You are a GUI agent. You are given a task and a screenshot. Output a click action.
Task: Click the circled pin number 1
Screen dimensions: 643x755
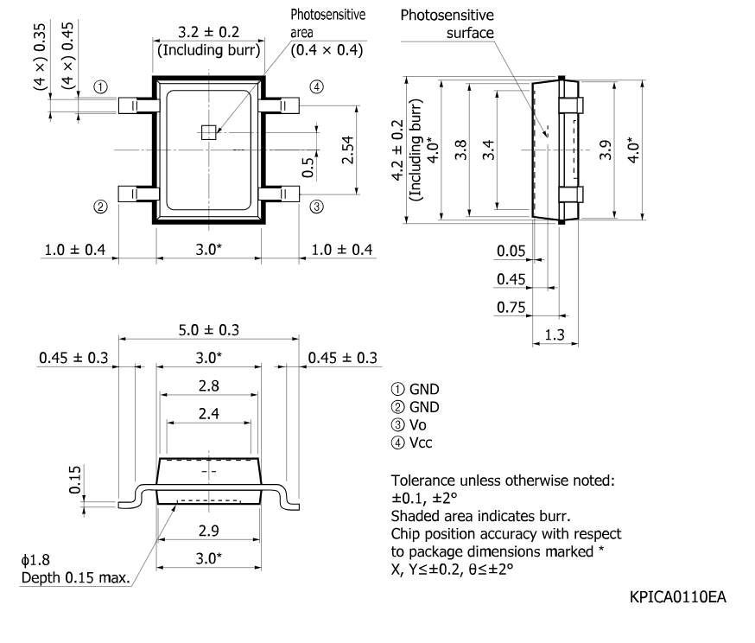(101, 87)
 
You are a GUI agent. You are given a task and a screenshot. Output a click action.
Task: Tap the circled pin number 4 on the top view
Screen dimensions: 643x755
(317, 86)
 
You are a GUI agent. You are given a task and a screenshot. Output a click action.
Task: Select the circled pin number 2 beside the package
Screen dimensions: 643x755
(101, 207)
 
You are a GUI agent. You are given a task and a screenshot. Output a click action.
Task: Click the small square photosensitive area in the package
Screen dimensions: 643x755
(207, 132)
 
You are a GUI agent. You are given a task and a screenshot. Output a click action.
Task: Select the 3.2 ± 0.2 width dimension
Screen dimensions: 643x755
(207, 32)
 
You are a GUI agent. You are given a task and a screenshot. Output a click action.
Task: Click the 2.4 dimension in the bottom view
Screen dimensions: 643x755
(208, 414)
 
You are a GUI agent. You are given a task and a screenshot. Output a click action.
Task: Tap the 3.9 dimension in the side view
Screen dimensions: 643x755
(605, 149)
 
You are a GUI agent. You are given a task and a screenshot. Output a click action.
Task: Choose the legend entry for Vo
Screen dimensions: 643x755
(413, 425)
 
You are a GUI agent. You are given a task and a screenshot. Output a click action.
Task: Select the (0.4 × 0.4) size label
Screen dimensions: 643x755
(327, 49)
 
